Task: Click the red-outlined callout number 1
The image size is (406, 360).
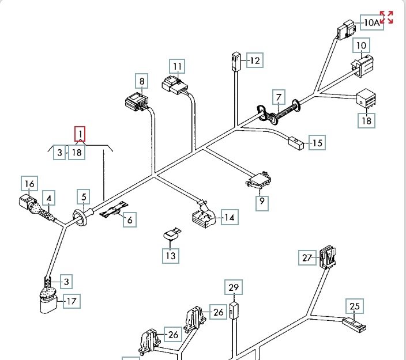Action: click(x=80, y=135)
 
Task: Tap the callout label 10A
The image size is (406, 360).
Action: click(x=371, y=23)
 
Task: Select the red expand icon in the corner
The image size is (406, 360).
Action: click(x=386, y=17)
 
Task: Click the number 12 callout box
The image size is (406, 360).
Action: click(x=254, y=60)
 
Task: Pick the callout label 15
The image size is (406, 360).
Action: click(x=317, y=142)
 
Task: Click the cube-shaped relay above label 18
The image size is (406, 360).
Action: click(x=367, y=98)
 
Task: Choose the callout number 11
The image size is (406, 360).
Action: click(x=178, y=66)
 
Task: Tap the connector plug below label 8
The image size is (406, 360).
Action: click(x=137, y=103)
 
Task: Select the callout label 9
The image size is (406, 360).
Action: click(x=262, y=202)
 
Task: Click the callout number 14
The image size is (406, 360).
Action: click(x=230, y=218)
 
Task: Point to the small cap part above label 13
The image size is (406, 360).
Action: click(x=170, y=234)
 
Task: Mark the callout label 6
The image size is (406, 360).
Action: click(x=129, y=219)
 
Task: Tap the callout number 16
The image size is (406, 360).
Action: click(x=29, y=184)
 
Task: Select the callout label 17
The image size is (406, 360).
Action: click(x=72, y=301)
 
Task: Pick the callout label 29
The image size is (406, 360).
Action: click(x=234, y=287)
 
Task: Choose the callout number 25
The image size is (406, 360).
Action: click(x=354, y=306)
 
